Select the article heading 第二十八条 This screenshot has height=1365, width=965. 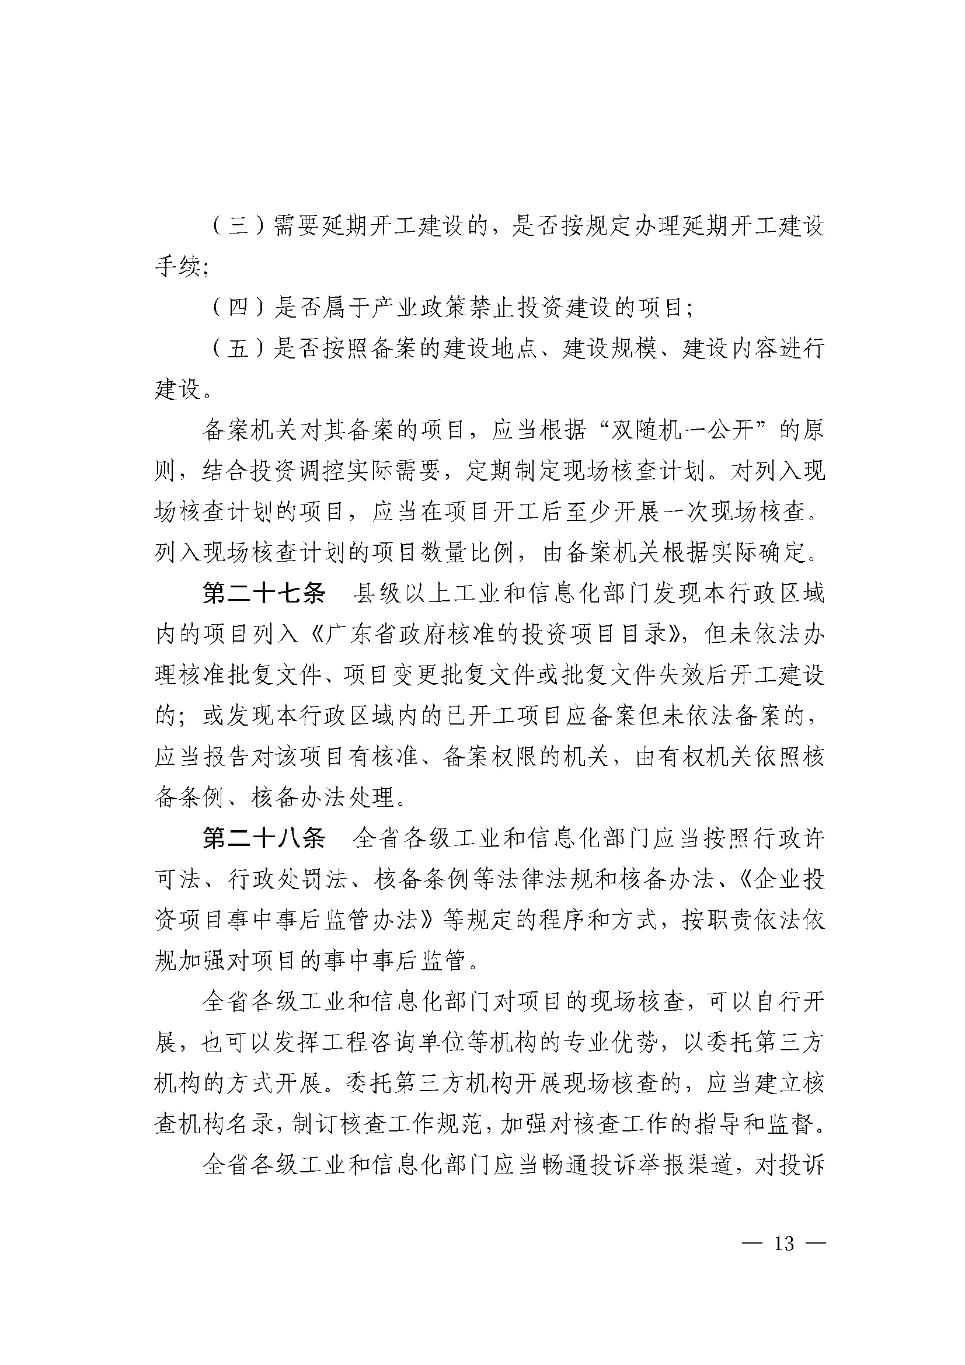pos(264,839)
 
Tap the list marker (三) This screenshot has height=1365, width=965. pos(238,227)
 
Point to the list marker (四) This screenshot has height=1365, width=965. pos(238,307)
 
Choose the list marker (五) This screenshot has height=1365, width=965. pos(238,349)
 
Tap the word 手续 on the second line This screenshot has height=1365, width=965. pos(179,267)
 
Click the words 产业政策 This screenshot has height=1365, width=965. pos(421,307)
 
